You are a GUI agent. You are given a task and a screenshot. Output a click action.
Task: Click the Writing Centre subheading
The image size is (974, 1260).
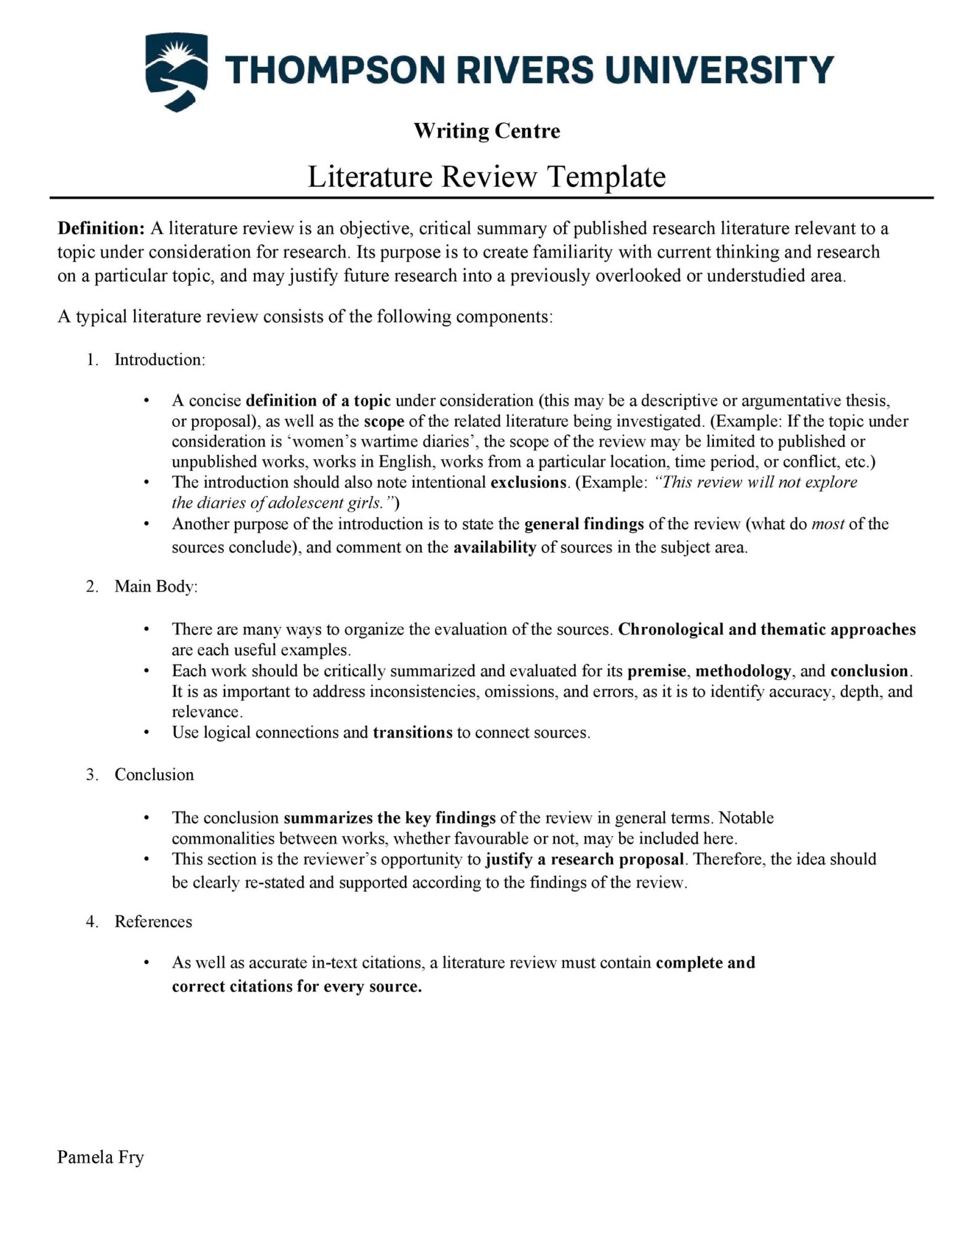pyautogui.click(x=487, y=131)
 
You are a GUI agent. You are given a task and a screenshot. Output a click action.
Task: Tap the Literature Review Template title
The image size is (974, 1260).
pyautogui.click(x=486, y=177)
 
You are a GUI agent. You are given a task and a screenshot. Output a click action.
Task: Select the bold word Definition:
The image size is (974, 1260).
pyautogui.click(x=101, y=229)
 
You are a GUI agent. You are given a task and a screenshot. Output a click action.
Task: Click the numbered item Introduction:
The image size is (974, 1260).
pyautogui.click(x=159, y=360)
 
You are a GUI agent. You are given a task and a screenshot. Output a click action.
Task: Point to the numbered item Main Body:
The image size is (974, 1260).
pyautogui.click(x=156, y=586)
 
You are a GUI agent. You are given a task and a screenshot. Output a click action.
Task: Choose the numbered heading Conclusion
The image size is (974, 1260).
pyautogui.click(x=154, y=775)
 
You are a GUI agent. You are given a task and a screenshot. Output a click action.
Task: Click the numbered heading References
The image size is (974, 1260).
pyautogui.click(x=153, y=922)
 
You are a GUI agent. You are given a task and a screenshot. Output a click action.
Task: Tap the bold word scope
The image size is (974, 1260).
pyautogui.click(x=384, y=421)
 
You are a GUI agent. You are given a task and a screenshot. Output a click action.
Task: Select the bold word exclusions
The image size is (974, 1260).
pyautogui.click(x=528, y=482)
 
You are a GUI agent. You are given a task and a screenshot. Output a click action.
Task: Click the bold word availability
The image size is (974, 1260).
pyautogui.click(x=495, y=548)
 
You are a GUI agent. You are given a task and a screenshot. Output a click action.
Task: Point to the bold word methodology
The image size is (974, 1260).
pyautogui.click(x=743, y=671)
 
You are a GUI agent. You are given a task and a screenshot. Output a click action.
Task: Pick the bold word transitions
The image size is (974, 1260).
pyautogui.click(x=413, y=733)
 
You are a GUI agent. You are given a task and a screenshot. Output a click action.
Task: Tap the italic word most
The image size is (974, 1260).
pyautogui.click(x=828, y=524)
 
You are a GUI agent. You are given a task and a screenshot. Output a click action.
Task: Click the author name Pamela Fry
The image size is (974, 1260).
pyautogui.click(x=100, y=1158)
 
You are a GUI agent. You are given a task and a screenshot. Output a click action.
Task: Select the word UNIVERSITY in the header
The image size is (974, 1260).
pyautogui.click(x=717, y=69)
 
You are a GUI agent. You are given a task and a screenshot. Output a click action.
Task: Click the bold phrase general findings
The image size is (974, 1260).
pyautogui.click(x=584, y=524)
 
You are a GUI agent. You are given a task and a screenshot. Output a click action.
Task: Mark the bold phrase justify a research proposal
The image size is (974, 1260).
pyautogui.click(x=585, y=859)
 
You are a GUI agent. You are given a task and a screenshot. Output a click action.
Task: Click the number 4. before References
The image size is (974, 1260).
pyautogui.click(x=92, y=922)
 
